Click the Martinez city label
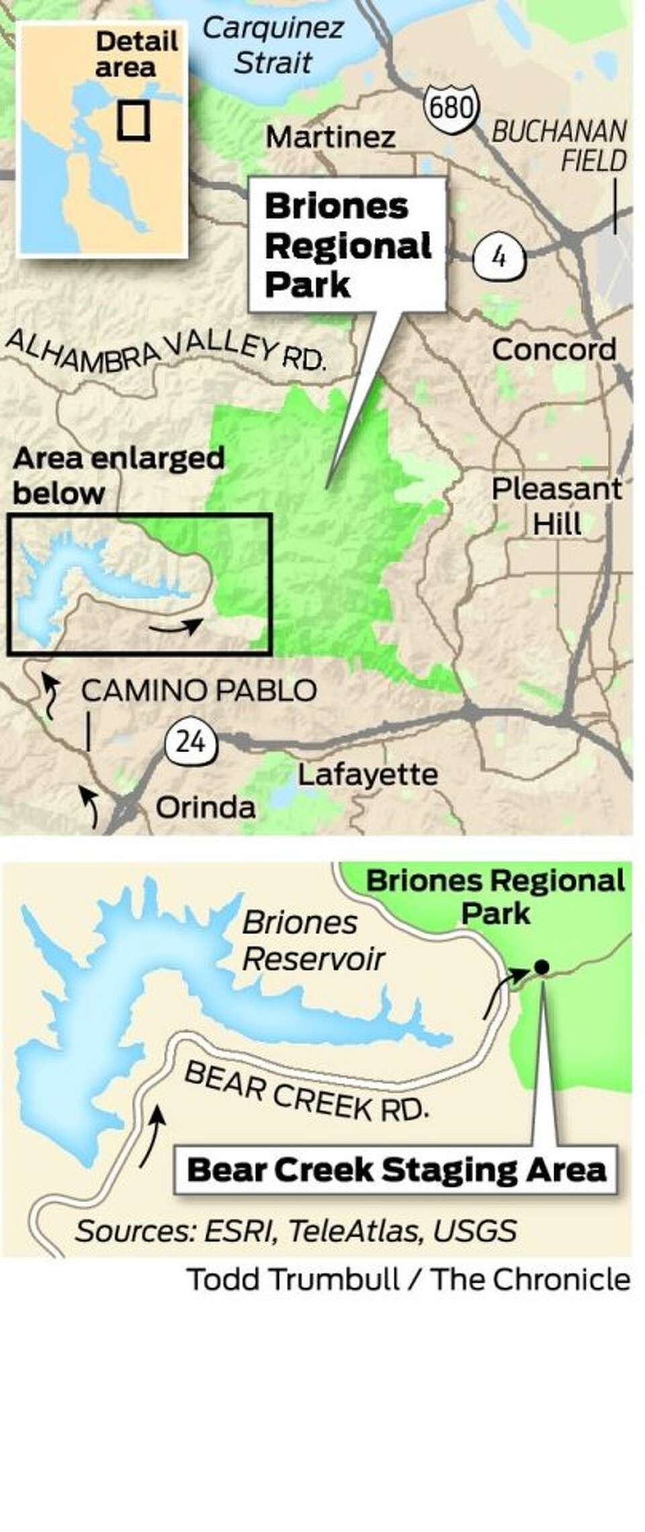[331, 138]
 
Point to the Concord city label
[554, 349]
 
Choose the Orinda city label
[206, 807]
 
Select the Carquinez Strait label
[273, 46]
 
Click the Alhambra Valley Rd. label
[165, 349]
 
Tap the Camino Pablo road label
[199, 690]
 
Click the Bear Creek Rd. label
[306, 1092]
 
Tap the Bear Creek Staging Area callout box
[396, 1169]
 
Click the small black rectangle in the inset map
[133, 121]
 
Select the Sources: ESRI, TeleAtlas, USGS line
[296, 1231]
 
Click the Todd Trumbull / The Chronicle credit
[408, 1279]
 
